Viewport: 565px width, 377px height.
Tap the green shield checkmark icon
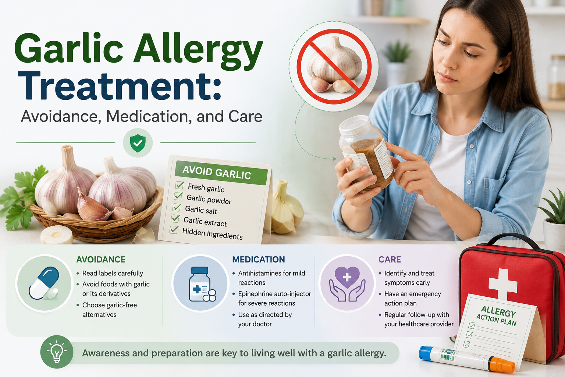[138, 143]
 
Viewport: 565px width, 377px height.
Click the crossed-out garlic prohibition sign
[334, 66]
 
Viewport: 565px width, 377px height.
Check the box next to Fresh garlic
[180, 185]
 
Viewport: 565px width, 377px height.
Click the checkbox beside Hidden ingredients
[174, 230]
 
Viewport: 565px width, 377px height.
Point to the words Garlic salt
[201, 210]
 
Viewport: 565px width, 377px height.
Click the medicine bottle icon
[202, 284]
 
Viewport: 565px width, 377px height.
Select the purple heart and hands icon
[347, 284]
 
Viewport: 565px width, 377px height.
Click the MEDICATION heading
[259, 260]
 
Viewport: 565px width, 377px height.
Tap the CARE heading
[390, 260]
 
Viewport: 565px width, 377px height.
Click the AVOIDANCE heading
[101, 260]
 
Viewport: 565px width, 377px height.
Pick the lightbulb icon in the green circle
[57, 352]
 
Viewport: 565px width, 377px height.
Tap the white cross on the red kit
[503, 285]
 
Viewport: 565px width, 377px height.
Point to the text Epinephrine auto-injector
[275, 294]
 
